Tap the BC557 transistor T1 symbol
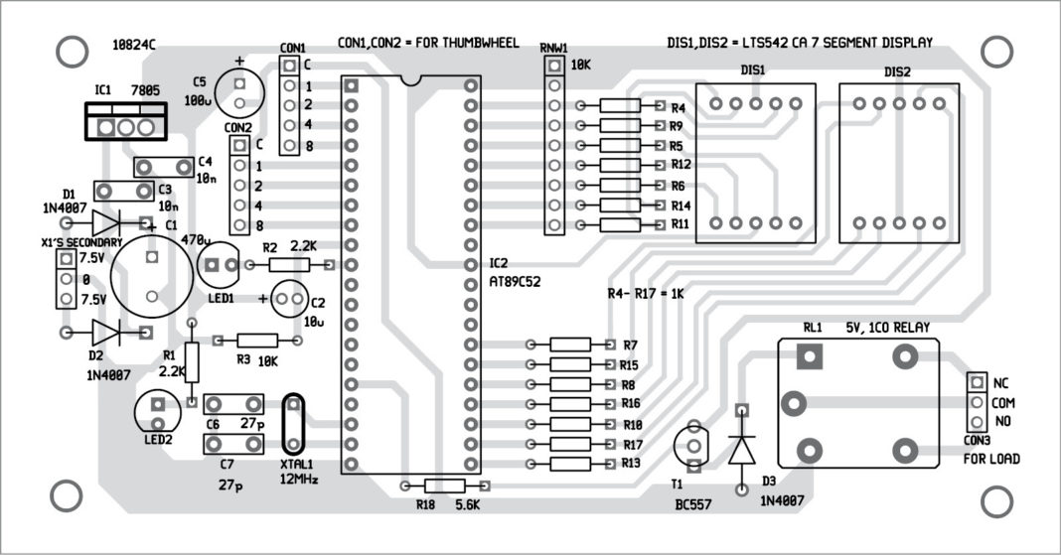[693, 442]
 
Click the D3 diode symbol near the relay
[741, 450]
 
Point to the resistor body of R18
[444, 486]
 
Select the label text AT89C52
[515, 282]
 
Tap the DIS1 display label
[753, 71]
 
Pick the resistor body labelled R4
[621, 106]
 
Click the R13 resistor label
[631, 464]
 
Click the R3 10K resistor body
[256, 340]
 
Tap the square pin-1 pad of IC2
[350, 86]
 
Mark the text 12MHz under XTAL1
[297, 480]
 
